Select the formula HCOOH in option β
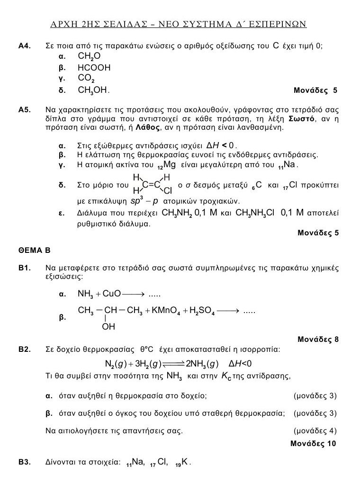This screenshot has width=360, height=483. pyautogui.click(x=94, y=68)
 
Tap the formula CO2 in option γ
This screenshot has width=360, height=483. pyautogui.click(x=87, y=79)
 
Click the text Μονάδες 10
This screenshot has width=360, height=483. pyautogui.click(x=314, y=444)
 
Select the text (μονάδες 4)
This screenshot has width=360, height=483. pyautogui.click(x=315, y=431)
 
